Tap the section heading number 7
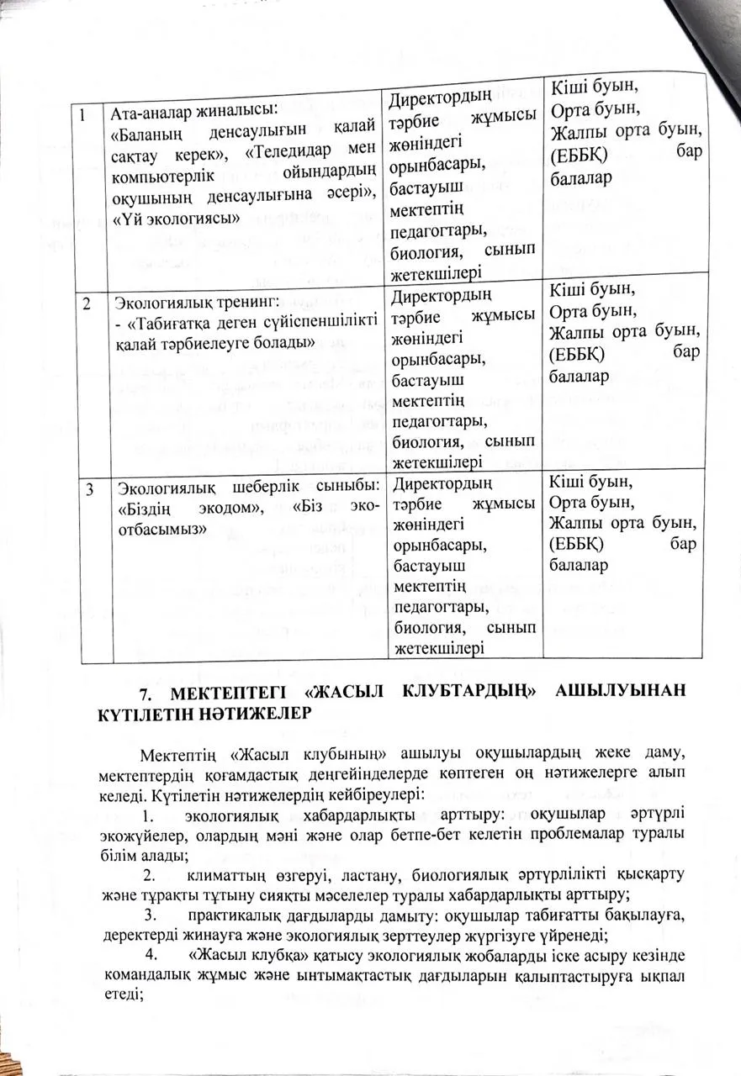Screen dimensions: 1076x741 pos(144,694)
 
